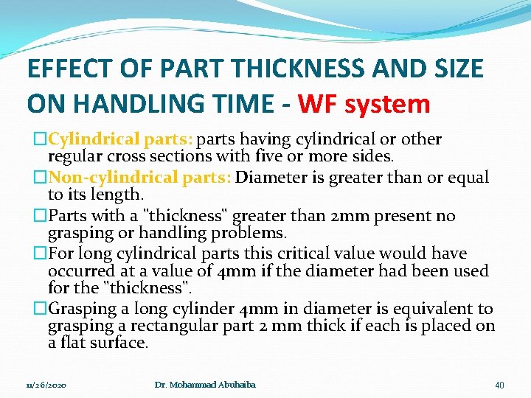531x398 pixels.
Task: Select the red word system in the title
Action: tap(388, 104)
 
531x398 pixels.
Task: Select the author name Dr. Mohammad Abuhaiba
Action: tap(206, 385)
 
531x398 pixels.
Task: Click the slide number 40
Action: tap(499, 385)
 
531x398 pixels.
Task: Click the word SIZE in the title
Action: tap(457, 69)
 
